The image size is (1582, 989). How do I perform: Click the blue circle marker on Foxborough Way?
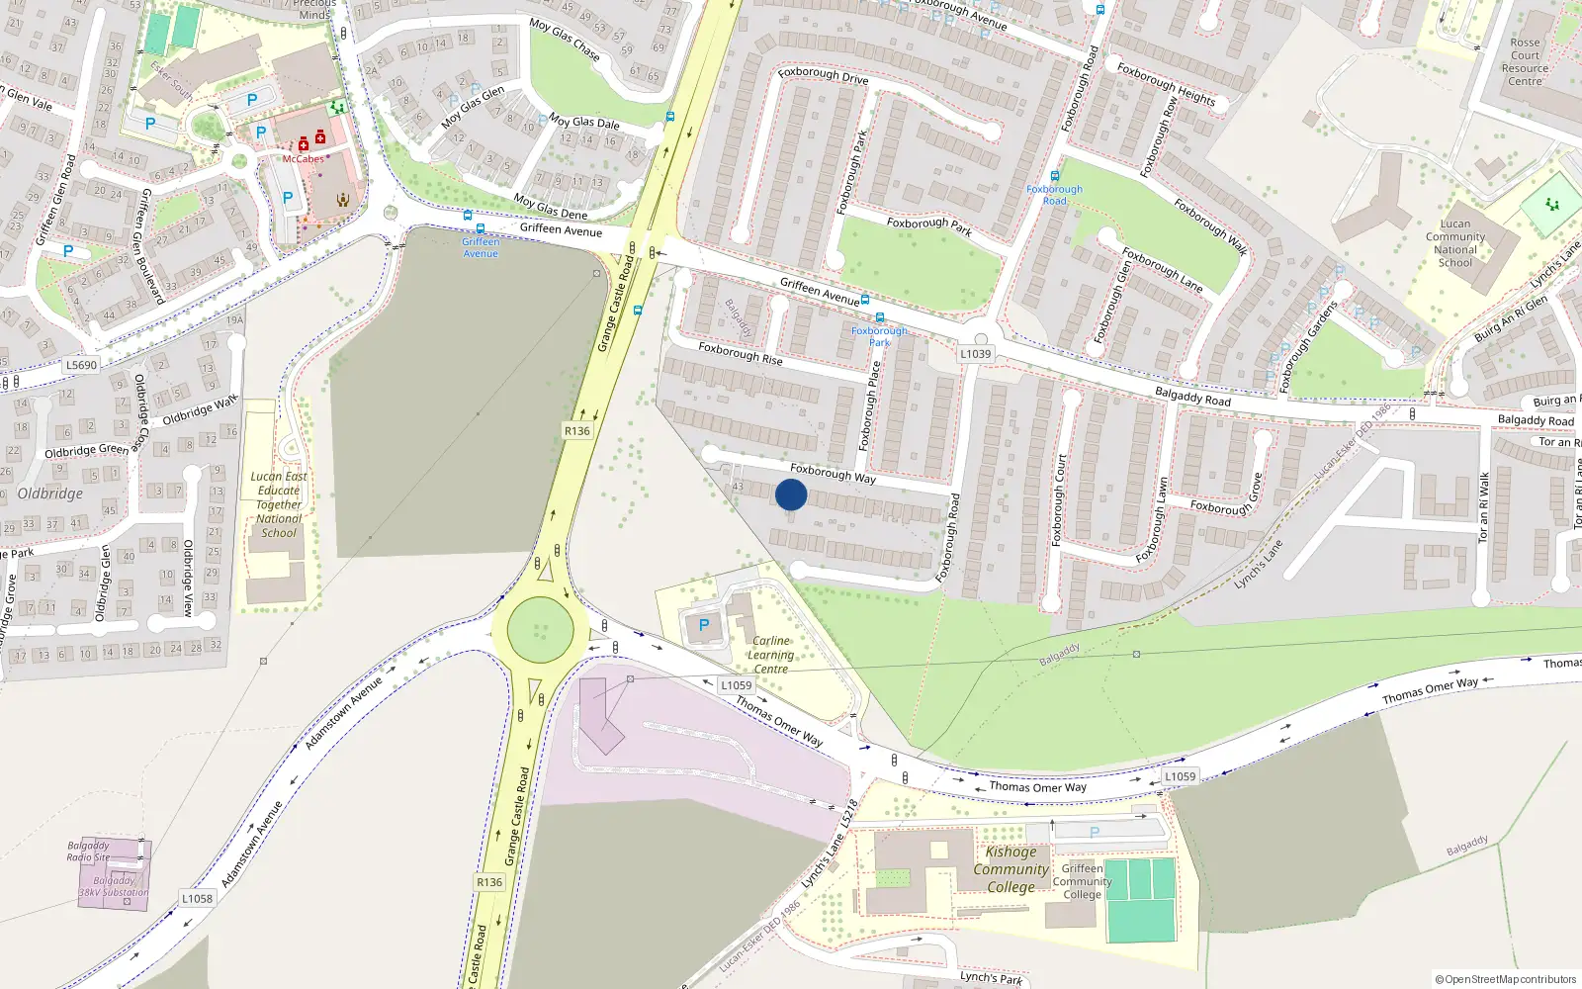pyautogui.click(x=791, y=494)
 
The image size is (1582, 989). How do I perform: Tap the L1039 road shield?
pyautogui.click(x=975, y=354)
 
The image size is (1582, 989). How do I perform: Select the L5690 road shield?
pyautogui.click(x=82, y=365)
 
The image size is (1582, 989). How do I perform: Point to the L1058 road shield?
pyautogui.click(x=197, y=898)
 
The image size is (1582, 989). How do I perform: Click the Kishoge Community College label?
pyautogui.click(x=1011, y=869)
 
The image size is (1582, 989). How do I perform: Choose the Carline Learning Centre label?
pyautogui.click(x=770, y=655)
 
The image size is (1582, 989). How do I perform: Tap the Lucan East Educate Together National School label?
pyautogui.click(x=279, y=504)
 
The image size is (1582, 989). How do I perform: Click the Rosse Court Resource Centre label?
pyautogui.click(x=1525, y=62)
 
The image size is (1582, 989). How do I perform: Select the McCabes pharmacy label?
pyautogui.click(x=303, y=159)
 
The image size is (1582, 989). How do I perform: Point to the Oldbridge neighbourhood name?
pyautogui.click(x=50, y=494)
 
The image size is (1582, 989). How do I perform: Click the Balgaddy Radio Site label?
pyautogui.click(x=88, y=852)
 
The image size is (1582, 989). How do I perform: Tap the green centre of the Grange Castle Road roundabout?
pyautogui.click(x=540, y=630)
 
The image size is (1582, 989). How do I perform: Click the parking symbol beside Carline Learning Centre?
pyautogui.click(x=704, y=625)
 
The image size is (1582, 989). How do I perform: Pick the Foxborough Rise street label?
pyautogui.click(x=740, y=353)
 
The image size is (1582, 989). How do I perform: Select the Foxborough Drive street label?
pyautogui.click(x=823, y=75)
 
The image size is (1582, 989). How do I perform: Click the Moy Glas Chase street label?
pyautogui.click(x=565, y=39)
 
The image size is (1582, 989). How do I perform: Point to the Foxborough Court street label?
pyautogui.click(x=1060, y=500)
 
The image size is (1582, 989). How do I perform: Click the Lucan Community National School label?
pyautogui.click(x=1454, y=243)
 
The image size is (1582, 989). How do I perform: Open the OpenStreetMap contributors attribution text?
pyautogui.click(x=1506, y=979)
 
